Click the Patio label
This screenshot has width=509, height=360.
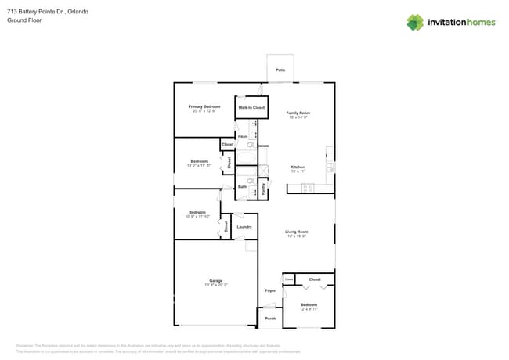(x=280, y=70)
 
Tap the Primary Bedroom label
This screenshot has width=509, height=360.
(x=204, y=106)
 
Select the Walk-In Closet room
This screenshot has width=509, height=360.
(x=251, y=107)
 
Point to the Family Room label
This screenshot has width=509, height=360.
(x=298, y=113)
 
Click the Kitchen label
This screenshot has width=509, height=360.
(x=298, y=167)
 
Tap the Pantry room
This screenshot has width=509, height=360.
(x=264, y=188)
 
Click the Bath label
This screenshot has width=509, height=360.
(x=242, y=187)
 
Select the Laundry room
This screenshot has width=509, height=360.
(x=244, y=227)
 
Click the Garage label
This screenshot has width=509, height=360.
(x=215, y=280)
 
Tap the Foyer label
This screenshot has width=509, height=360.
(x=269, y=290)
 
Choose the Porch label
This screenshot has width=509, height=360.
(x=270, y=319)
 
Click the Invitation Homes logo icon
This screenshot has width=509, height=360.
(x=414, y=22)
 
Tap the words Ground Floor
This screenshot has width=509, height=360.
(x=23, y=21)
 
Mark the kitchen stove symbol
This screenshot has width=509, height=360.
(x=308, y=188)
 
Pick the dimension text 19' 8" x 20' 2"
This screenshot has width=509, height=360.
(x=215, y=285)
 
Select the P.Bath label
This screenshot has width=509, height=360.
(x=243, y=136)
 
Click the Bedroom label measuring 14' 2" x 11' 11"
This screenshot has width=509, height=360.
(x=198, y=161)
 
